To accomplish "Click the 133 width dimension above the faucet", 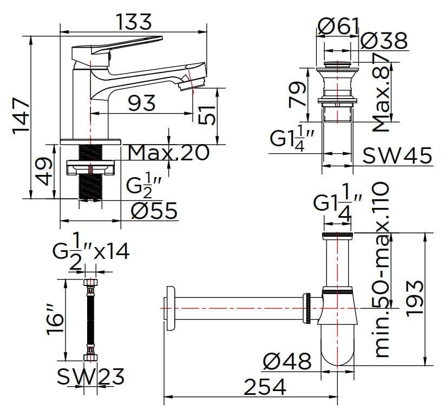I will click(x=133, y=22).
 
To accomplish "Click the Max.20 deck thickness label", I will click(x=169, y=153).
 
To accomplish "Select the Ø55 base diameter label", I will click(x=154, y=211).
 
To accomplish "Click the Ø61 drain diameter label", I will click(x=338, y=25).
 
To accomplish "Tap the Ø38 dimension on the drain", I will click(x=383, y=42).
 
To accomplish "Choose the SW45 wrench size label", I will click(x=397, y=156).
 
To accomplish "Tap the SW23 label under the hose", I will click(x=91, y=376).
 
